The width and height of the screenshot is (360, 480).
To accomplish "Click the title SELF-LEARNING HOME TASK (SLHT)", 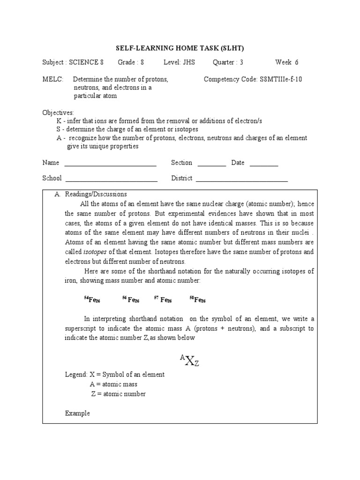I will (x=180, y=48).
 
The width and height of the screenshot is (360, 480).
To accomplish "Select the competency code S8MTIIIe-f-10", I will (x=281, y=79).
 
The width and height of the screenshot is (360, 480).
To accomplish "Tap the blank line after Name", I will (x=110, y=164).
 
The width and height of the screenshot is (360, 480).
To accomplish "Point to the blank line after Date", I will (x=264, y=164).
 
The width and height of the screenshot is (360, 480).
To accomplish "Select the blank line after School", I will (x=111, y=180).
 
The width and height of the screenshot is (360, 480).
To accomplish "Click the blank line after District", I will (x=241, y=180).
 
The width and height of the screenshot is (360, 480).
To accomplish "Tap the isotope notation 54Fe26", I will (x=92, y=300).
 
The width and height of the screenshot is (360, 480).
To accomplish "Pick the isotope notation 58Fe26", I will (x=197, y=300).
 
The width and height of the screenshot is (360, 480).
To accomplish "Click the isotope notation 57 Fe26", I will (x=163, y=300).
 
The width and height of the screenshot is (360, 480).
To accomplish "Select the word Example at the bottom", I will (x=77, y=413).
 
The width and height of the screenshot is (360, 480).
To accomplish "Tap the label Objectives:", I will (x=58, y=113).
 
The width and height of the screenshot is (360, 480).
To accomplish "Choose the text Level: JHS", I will (x=179, y=62).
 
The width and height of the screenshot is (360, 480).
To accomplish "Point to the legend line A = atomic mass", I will (x=113, y=384).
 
